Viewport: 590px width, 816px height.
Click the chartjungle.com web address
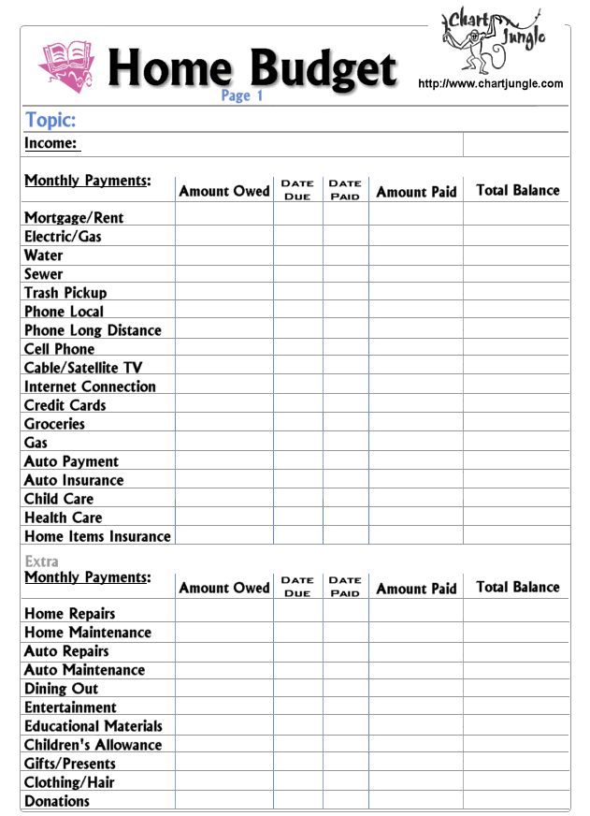pyautogui.click(x=490, y=83)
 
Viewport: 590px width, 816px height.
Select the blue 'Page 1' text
pyautogui.click(x=242, y=95)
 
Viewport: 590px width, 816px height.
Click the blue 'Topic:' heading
pyautogui.click(x=50, y=120)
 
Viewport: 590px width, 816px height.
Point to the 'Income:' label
pyautogui.click(x=51, y=143)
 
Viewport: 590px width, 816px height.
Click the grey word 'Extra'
pyautogui.click(x=41, y=561)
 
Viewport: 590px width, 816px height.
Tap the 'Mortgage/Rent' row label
pyautogui.click(x=74, y=217)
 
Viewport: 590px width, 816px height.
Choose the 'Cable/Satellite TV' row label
pyautogui.click(x=83, y=368)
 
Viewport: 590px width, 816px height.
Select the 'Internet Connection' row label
pyautogui.click(x=90, y=386)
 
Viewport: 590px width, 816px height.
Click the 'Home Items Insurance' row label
pyautogui.click(x=97, y=536)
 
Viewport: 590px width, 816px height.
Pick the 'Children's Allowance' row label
pyautogui.click(x=93, y=745)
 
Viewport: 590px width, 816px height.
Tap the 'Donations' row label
pyautogui.click(x=57, y=801)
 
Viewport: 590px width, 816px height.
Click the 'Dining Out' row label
pyautogui.click(x=61, y=689)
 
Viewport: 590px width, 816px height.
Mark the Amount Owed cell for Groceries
pyautogui.click(x=223, y=423)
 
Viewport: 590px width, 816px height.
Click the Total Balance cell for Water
pyautogui.click(x=515, y=255)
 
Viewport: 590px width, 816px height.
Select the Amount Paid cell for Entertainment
pyautogui.click(x=415, y=707)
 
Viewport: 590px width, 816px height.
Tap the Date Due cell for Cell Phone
pyautogui.click(x=297, y=348)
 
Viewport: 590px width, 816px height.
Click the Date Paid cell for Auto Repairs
pyautogui.click(x=345, y=651)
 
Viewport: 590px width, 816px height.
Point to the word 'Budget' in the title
pyautogui.click(x=324, y=67)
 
